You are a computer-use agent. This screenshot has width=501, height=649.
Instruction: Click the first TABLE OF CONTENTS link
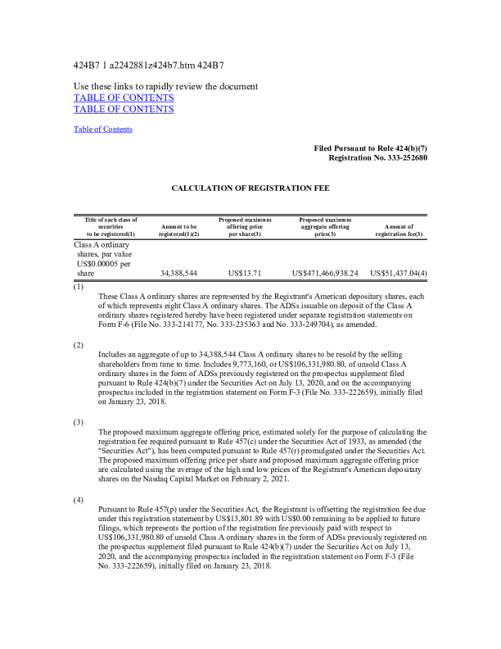(124, 98)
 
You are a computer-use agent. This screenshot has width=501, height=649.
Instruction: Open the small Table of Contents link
(103, 129)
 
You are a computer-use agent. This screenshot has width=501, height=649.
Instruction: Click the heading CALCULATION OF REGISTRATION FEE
(250, 188)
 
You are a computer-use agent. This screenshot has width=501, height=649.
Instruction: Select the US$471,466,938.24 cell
(325, 273)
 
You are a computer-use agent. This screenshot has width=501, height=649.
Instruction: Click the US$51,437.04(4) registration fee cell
(399, 273)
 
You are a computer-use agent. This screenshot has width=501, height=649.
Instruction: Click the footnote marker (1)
(79, 287)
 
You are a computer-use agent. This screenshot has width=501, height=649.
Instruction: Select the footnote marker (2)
(79, 345)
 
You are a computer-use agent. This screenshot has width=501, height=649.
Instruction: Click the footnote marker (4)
(79, 499)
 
